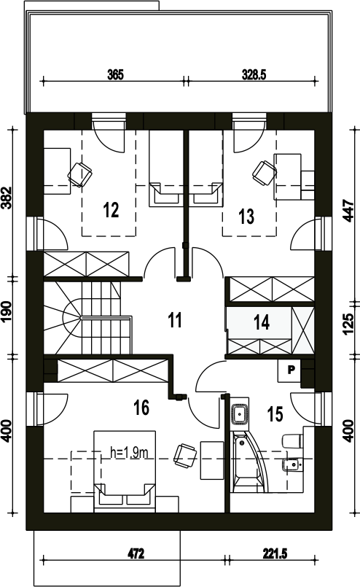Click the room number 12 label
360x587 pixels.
pos(111,210)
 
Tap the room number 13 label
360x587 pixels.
pos(246,217)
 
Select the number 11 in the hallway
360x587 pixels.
pos(175,320)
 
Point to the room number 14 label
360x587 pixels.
pos(262,322)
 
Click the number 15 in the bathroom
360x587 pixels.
pos(275,414)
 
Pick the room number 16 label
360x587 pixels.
pos(141,408)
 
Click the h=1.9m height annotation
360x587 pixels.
pos(129,453)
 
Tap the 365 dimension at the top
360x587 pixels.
pos(115,75)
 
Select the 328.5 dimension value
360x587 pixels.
pos(254,75)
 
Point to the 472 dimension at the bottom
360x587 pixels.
pos(136,553)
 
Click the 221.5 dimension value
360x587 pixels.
pos(275,553)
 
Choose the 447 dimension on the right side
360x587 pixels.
pos(348,211)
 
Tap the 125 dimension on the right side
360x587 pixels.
pos(348,324)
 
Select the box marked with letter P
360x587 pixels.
pos(289,370)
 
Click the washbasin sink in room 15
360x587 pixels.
pos(239,414)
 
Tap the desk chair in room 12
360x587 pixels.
pos(79,174)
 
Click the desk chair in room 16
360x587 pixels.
pos(185,456)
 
